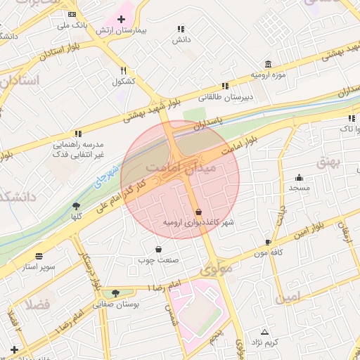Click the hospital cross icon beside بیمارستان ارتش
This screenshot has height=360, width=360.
(x=122, y=20)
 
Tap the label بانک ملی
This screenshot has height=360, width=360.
(x=73, y=25)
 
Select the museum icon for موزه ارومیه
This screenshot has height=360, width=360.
(x=268, y=63)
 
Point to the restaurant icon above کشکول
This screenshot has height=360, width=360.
(x=124, y=70)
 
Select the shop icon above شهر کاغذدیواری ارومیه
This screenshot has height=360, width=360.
(x=198, y=211)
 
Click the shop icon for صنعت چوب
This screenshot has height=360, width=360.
(x=158, y=249)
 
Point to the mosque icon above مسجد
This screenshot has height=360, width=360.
(x=300, y=177)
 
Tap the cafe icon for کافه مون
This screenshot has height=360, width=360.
(x=268, y=241)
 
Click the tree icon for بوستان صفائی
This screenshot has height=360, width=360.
(x=115, y=293)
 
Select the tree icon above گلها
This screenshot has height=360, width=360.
(x=76, y=205)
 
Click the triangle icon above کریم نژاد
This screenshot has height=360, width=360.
(x=265, y=331)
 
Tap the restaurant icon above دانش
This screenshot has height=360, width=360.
(x=181, y=30)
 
